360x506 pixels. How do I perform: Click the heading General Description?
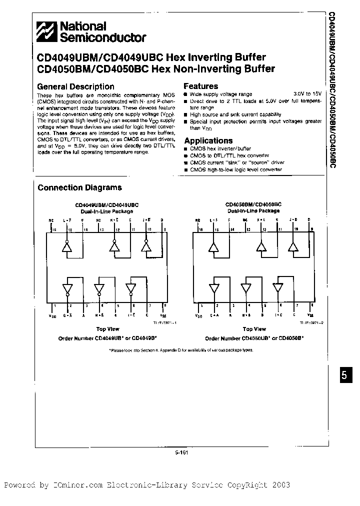[76, 86]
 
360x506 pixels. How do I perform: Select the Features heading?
[200, 86]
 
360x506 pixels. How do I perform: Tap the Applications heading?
[208, 140]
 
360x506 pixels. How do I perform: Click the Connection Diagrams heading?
[80, 187]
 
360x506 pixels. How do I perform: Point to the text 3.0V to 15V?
[307, 94]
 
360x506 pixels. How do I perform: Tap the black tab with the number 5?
[343, 376]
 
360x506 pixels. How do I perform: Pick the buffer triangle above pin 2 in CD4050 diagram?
[215, 288]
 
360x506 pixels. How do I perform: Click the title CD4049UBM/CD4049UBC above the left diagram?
[106, 205]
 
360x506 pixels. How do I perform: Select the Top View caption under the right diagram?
[254, 329]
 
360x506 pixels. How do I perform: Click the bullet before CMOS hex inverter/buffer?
[186, 149]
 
